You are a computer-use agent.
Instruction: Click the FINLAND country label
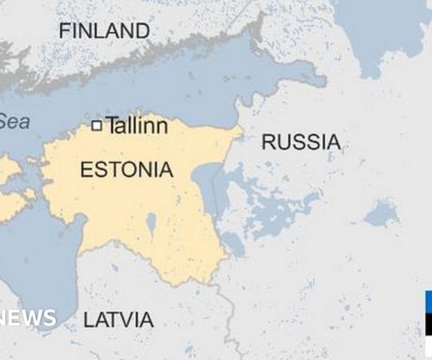(104, 31)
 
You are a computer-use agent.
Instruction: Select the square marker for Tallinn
(97, 126)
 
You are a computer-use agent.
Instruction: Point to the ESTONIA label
(126, 170)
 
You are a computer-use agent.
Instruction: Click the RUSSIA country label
(301, 142)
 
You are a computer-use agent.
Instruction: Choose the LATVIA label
(118, 319)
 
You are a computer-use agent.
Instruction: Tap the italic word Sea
(14, 122)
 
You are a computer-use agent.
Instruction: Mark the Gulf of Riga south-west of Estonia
(39, 259)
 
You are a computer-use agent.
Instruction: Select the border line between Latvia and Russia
(227, 311)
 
